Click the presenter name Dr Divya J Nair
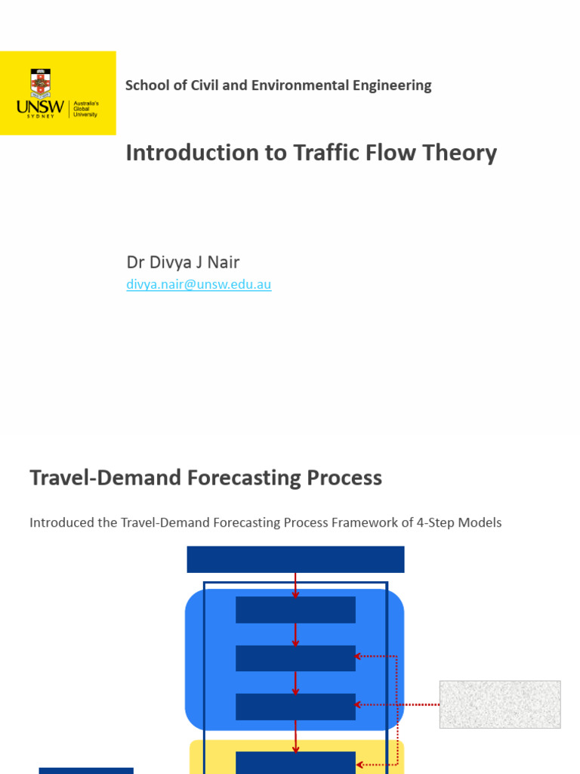(183, 262)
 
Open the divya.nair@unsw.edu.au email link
(199, 285)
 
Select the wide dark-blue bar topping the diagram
(295, 559)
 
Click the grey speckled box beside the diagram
(500, 704)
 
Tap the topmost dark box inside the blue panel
(295, 609)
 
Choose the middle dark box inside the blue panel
(295, 658)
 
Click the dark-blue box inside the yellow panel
(295, 762)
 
